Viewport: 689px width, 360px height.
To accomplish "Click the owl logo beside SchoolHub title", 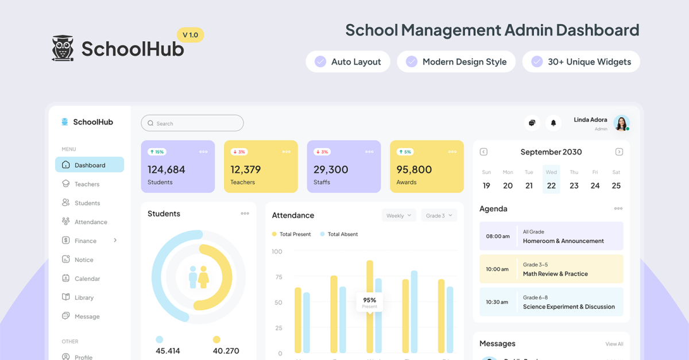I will click(x=63, y=48).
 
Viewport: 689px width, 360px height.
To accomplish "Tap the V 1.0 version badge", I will click(x=190, y=35).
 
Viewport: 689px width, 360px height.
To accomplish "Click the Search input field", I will click(x=192, y=123).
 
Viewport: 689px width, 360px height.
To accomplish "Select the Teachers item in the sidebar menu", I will click(x=87, y=184).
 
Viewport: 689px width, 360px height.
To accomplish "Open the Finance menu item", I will click(x=86, y=241).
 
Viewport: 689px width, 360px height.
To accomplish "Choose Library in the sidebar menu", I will click(x=84, y=298).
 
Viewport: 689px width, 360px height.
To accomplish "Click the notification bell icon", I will click(x=553, y=123).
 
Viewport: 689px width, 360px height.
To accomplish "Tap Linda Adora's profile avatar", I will click(x=621, y=123).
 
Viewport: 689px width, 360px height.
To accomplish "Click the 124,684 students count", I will click(x=167, y=170).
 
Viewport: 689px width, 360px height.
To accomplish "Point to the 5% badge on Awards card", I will click(x=405, y=152).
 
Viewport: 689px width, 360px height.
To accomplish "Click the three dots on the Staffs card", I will click(x=369, y=152).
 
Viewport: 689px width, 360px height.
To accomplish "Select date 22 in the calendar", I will click(x=551, y=185).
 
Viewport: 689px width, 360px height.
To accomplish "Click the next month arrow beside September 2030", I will click(x=619, y=152).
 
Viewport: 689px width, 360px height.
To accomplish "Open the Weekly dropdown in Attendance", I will click(x=398, y=216).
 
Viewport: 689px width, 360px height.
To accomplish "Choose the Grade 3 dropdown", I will click(x=439, y=216).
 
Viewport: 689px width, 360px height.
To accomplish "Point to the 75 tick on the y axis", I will click(x=278, y=277).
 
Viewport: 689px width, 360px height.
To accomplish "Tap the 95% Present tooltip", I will click(x=370, y=302).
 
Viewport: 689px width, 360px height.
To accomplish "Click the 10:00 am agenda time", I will click(x=497, y=269).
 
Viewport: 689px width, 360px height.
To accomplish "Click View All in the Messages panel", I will click(x=614, y=344).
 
